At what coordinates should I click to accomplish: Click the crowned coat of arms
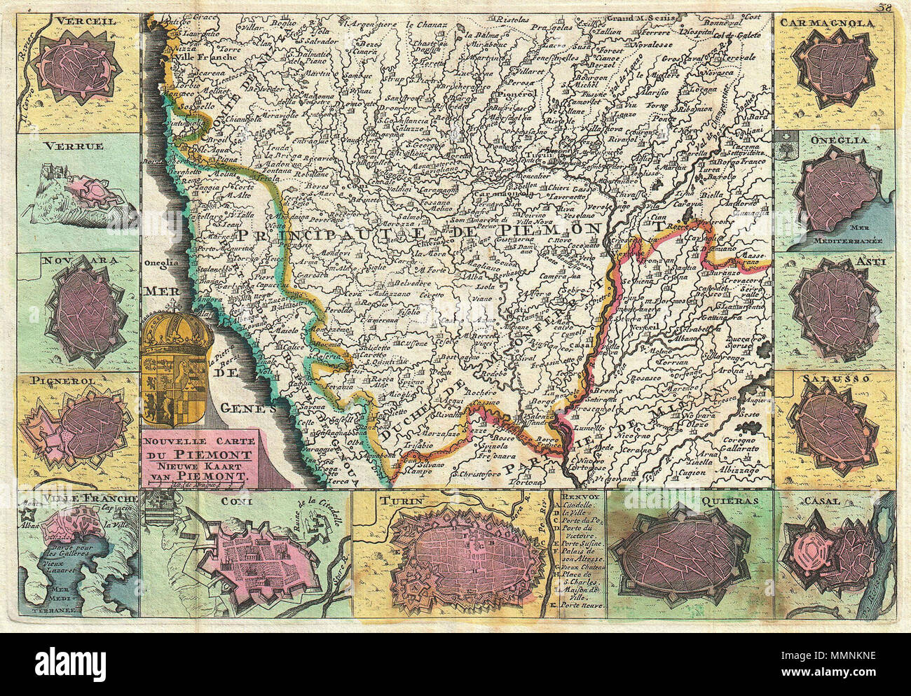pyautogui.click(x=177, y=370)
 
